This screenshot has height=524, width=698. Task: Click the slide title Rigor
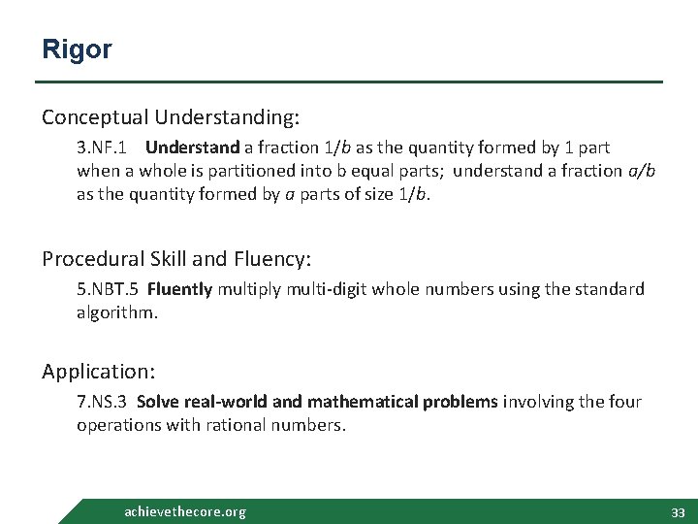click(77, 49)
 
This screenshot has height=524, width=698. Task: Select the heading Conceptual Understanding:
click(171, 117)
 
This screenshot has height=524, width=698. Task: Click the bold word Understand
click(192, 147)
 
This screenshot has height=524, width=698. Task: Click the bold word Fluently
click(179, 289)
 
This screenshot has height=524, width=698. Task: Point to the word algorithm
click(116, 311)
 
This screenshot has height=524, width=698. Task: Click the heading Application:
click(99, 372)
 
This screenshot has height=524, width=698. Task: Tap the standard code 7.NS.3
click(103, 402)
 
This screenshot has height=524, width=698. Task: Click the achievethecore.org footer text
click(185, 511)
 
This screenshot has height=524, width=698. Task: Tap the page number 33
click(678, 511)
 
